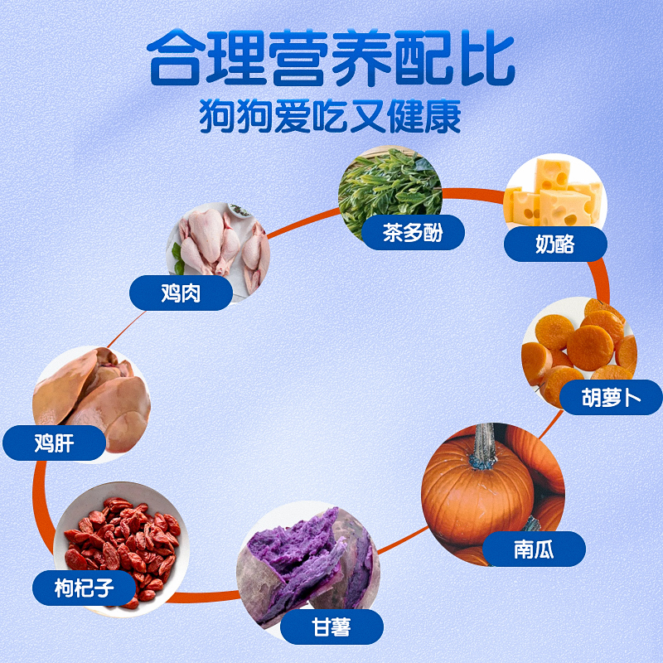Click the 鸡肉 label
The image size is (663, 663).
[x=181, y=293]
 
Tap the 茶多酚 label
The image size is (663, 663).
[x=413, y=232]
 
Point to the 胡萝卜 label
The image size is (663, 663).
[x=611, y=398]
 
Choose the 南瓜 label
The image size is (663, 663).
[x=534, y=549]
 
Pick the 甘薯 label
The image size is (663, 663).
[x=331, y=627]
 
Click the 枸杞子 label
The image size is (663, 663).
[x=84, y=589]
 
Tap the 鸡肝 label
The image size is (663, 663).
[x=55, y=443]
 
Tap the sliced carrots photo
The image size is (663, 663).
[x=580, y=344]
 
